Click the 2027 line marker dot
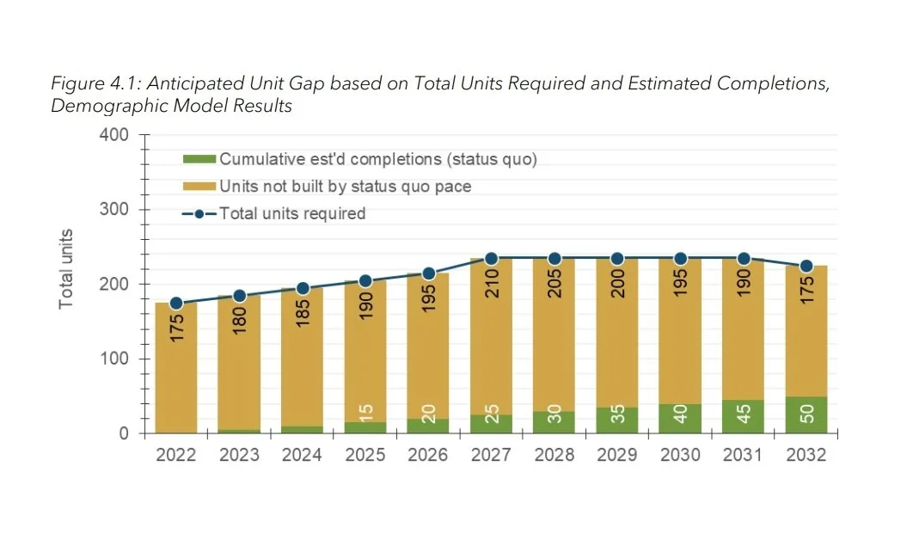tap(492, 259)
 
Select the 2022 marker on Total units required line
tap(176, 304)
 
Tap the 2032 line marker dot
tap(806, 267)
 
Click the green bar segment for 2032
tap(806, 414)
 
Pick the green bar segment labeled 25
tap(492, 424)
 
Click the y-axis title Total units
tap(66, 269)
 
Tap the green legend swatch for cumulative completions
tap(199, 159)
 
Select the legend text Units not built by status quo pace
tap(345, 187)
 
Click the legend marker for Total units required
tap(199, 214)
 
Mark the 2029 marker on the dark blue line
tap(617, 259)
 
